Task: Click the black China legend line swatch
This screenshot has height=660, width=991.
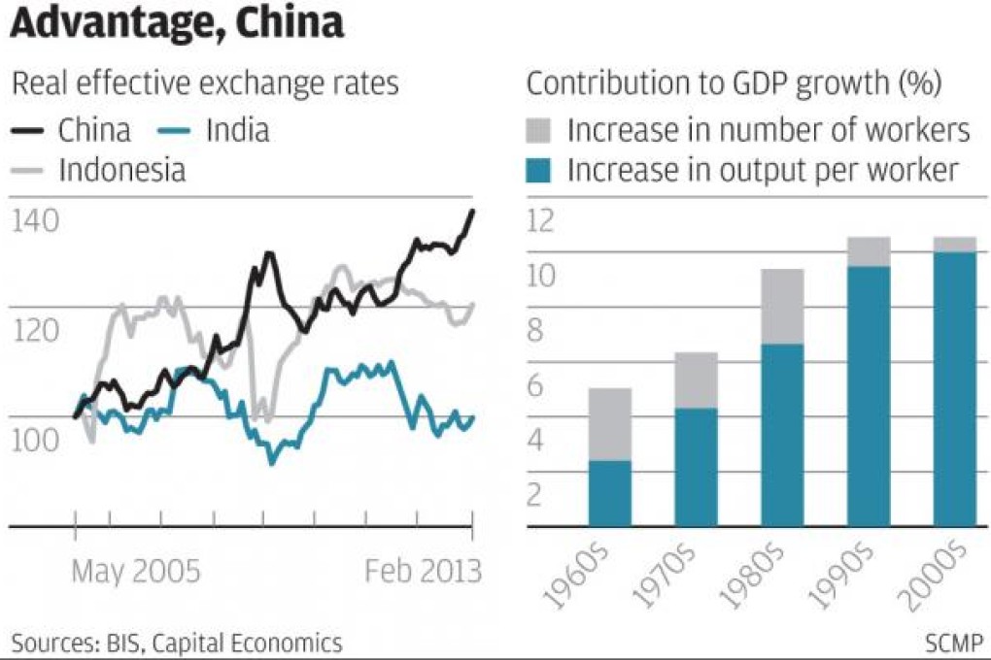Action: click(x=30, y=129)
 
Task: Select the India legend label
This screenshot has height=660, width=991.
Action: click(x=237, y=129)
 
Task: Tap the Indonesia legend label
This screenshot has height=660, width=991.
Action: click(x=122, y=171)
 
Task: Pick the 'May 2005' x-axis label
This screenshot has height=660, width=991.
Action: click(x=136, y=571)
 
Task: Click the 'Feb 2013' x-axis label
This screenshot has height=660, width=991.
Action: click(x=423, y=571)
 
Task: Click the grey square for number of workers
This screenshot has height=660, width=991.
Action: click(x=540, y=129)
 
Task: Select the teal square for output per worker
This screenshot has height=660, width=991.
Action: click(x=540, y=171)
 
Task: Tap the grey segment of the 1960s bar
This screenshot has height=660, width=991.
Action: click(x=609, y=424)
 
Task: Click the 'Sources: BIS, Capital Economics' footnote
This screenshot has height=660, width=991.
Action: click(x=177, y=642)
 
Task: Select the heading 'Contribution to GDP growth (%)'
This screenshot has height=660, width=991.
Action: click(x=734, y=83)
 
